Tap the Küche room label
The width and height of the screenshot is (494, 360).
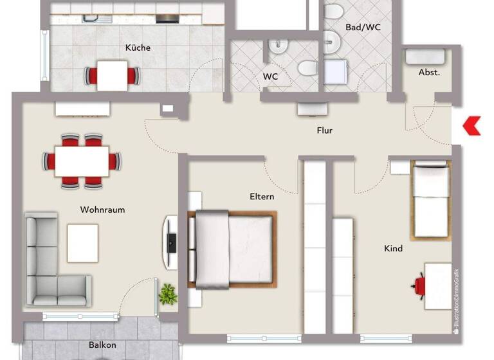(138, 48)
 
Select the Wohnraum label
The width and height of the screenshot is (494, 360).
(102, 210)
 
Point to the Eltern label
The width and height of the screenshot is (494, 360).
(262, 197)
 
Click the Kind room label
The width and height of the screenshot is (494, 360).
(393, 248)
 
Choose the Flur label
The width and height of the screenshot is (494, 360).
(325, 130)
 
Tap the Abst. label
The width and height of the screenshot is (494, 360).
(429, 73)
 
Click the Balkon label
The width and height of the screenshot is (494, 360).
(102, 345)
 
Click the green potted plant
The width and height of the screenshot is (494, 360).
(168, 294)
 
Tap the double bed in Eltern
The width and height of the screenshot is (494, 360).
(232, 249)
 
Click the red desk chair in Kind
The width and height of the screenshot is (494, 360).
(420, 283)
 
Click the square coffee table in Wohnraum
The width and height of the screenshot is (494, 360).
(83, 242)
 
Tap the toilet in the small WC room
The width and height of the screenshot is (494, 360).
(307, 67)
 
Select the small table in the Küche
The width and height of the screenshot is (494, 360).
(112, 75)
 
